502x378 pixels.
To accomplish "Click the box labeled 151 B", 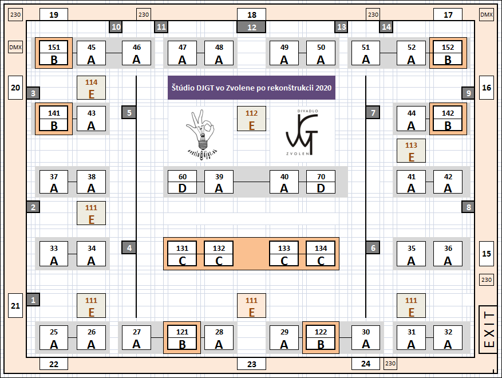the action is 54,53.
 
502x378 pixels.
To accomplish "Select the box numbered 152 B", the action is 448,53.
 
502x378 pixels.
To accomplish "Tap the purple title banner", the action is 251,88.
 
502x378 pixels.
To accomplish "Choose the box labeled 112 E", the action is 251,119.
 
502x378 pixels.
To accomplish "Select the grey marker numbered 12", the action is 251,27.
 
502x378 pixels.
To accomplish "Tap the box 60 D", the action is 182,182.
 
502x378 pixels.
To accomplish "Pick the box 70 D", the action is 321,182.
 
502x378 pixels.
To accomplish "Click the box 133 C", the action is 284,254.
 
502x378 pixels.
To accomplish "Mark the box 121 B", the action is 182,338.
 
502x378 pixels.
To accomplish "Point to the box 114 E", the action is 91,88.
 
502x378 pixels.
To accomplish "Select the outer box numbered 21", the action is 15,305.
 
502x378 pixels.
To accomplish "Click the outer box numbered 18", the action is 251,15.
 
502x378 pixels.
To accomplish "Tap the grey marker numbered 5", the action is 129,112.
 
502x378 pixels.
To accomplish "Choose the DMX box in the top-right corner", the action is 487,14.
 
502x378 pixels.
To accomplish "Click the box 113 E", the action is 411,151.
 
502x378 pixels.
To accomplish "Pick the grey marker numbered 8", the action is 468,207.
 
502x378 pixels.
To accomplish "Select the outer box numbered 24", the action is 366,364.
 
